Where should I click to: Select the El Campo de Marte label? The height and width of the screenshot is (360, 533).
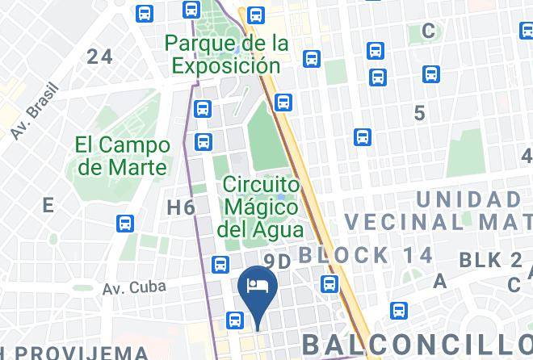(123, 156)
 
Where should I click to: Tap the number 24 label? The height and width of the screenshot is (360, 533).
(100, 56)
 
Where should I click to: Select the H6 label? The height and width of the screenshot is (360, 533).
(181, 207)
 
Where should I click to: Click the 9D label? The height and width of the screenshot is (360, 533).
(277, 261)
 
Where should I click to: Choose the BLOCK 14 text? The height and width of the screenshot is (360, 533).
(366, 255)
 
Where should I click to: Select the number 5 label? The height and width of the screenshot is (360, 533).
(419, 113)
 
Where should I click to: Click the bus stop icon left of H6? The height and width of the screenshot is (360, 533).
(125, 223)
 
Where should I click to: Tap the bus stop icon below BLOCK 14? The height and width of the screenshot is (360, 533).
(329, 283)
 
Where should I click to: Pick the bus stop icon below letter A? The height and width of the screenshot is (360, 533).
(397, 311)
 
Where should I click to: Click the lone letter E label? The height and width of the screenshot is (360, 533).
(48, 205)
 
